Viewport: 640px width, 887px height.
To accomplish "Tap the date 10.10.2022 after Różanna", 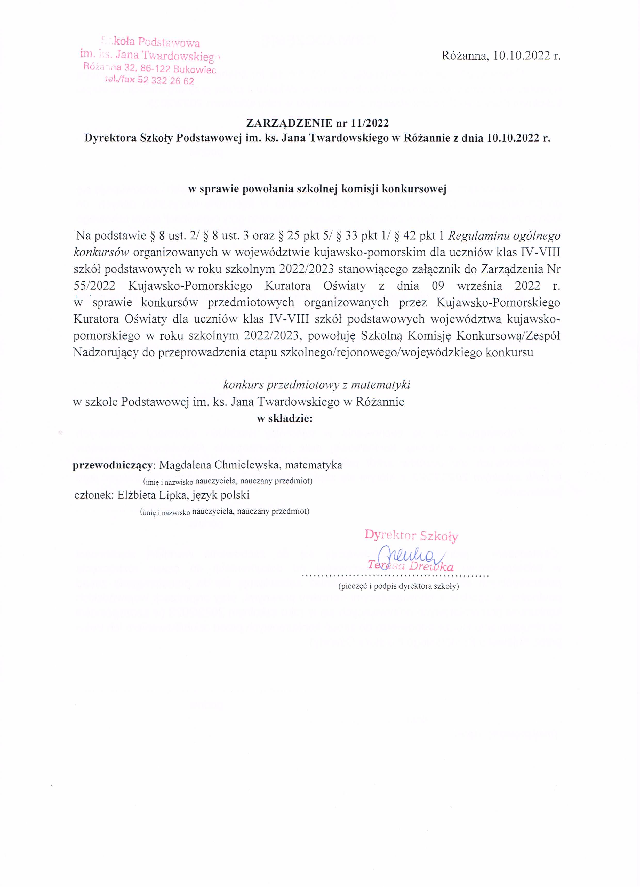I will click(521, 56).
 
